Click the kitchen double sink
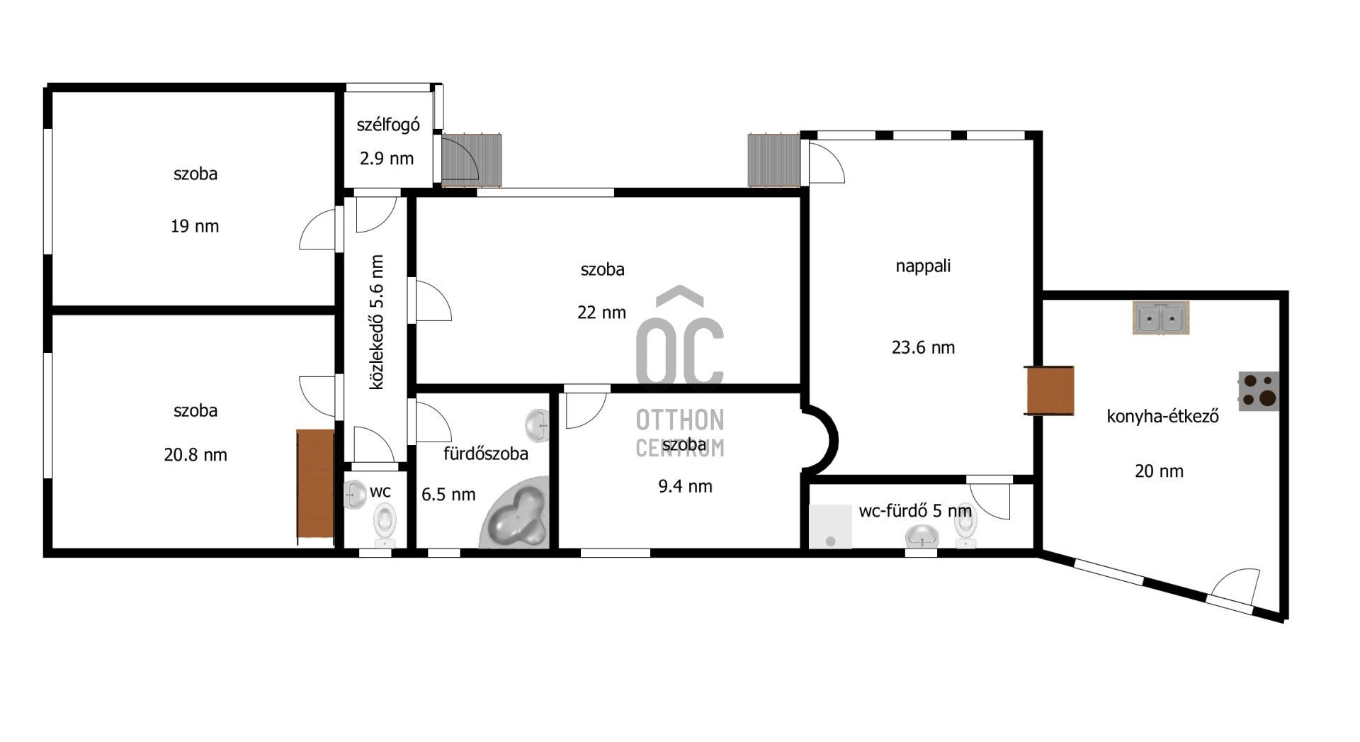point(1160,317)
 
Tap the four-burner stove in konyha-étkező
point(1259,391)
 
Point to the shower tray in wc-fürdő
point(830,526)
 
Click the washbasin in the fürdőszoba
point(538,425)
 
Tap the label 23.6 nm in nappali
point(923,347)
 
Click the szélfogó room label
point(388,125)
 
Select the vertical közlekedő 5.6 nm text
point(377,322)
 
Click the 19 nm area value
point(195,226)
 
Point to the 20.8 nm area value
point(195,454)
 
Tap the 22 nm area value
point(601,312)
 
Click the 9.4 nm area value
point(685,486)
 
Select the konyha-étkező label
point(1162,416)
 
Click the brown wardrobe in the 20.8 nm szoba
point(315,487)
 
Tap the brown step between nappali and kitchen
point(1050,390)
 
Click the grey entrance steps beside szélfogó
point(472,159)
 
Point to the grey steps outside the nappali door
point(774,160)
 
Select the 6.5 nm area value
point(448,494)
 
